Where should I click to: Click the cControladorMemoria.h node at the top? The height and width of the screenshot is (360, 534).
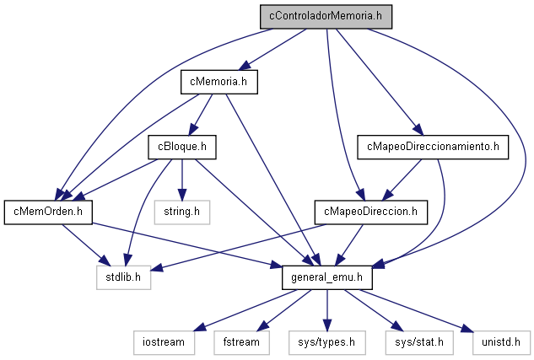tap(326, 16)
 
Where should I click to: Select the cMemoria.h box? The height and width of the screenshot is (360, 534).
tap(219, 82)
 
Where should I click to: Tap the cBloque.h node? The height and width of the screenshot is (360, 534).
tap(182, 147)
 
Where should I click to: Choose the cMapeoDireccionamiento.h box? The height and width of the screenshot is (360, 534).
tap(433, 147)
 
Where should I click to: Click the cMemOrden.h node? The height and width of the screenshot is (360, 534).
tap(48, 212)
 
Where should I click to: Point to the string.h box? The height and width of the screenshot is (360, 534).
tap(182, 212)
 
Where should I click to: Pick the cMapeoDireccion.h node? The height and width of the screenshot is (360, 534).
tap(371, 212)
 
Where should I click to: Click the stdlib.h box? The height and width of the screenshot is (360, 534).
tap(123, 277)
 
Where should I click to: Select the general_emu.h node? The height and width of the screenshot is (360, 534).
tap(327, 277)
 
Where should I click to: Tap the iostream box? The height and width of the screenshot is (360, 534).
tap(164, 342)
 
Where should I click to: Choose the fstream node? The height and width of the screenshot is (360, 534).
tap(241, 342)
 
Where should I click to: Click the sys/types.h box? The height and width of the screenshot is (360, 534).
tap(327, 342)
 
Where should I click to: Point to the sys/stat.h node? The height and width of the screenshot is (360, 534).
tap(419, 342)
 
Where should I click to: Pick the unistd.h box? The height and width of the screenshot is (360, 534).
tap(501, 342)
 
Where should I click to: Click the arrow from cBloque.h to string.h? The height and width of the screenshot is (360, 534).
tap(182, 180)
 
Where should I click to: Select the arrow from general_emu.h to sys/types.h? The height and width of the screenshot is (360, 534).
tap(327, 310)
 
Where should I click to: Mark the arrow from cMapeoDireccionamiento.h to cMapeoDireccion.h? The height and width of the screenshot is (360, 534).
tap(402, 180)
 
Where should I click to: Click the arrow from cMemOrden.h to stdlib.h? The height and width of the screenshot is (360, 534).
tap(87, 245)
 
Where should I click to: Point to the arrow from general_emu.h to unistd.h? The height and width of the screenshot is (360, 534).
tap(417, 310)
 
